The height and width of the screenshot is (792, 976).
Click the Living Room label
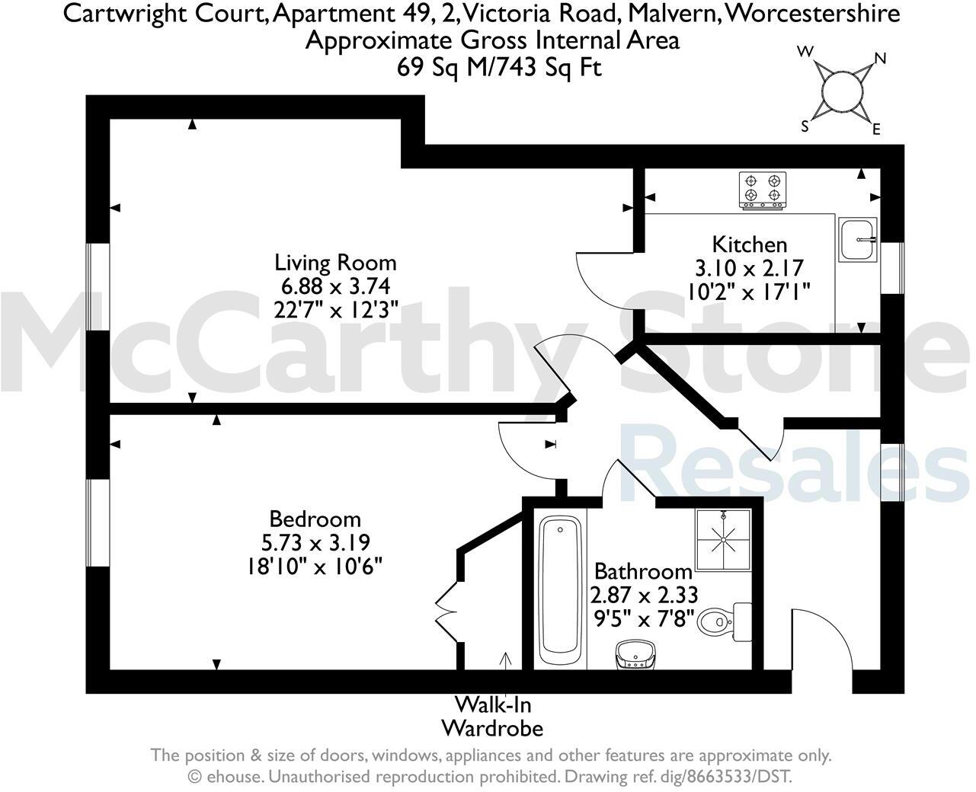tap(335, 263)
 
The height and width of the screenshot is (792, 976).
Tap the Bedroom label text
tap(315, 519)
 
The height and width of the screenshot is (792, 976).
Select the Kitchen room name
tap(749, 244)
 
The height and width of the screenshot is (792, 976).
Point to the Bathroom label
tap(643, 570)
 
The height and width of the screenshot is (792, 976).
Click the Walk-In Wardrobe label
tap(492, 716)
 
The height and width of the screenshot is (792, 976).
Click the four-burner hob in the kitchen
tap(763, 190)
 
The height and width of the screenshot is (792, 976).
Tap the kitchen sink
tap(859, 239)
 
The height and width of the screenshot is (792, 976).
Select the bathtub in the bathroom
tap(562, 589)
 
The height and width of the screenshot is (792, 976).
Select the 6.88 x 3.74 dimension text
tap(335, 286)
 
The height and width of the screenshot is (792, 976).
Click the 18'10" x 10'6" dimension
tap(314, 567)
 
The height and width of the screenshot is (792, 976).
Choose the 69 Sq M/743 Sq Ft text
tap(499, 67)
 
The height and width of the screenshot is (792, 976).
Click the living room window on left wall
tap(98, 287)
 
